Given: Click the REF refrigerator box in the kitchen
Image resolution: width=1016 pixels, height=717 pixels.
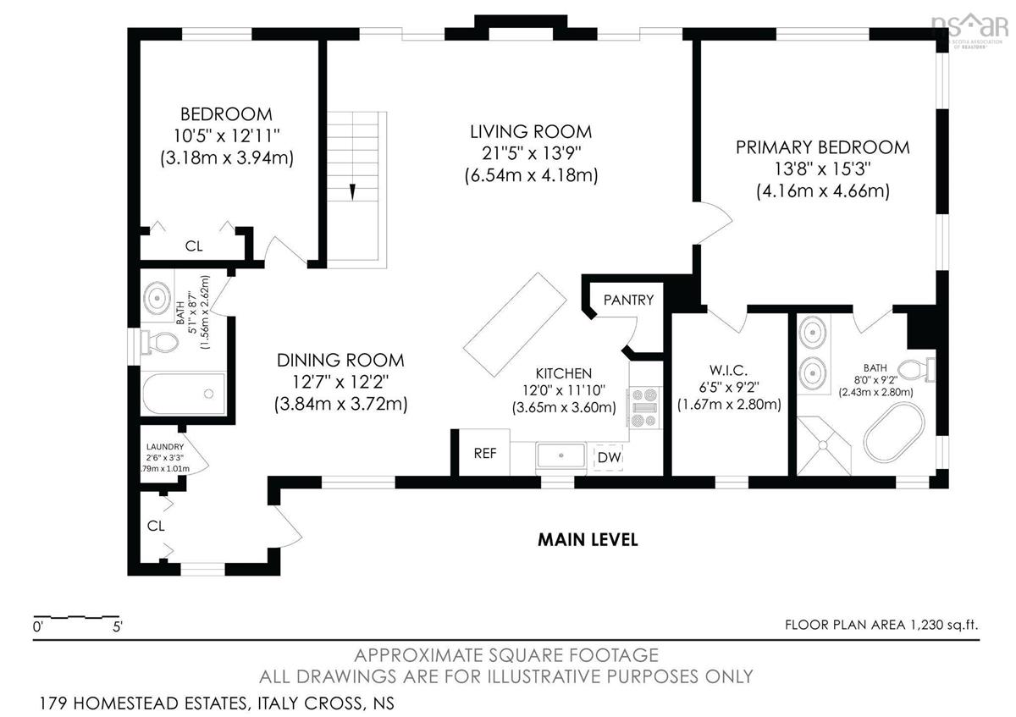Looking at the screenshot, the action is click(484, 452).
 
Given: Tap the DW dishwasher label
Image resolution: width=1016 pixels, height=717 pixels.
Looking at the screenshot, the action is click(609, 457).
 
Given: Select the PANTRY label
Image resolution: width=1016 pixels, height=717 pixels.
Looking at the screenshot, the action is click(628, 300).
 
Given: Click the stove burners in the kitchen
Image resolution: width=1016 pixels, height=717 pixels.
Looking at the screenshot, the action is click(644, 408).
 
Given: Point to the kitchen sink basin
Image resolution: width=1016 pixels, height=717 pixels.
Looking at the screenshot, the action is click(561, 455).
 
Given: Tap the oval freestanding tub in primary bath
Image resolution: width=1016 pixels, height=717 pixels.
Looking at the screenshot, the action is click(894, 433).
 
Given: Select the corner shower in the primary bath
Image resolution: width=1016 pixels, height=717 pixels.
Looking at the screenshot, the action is click(823, 446).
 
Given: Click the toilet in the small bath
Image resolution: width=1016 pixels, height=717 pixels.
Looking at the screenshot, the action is click(159, 341).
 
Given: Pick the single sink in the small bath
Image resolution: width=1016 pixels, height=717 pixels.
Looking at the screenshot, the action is click(157, 298).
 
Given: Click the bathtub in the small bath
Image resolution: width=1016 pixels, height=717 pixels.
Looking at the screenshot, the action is click(185, 394).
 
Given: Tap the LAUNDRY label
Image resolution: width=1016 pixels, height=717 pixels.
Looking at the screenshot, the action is click(165, 447).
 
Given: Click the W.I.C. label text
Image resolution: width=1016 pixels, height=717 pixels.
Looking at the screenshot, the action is click(728, 370).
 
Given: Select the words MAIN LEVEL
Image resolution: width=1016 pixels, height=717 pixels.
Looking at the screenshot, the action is click(588, 540).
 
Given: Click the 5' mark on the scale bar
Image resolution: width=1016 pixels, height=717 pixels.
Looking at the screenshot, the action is click(118, 626).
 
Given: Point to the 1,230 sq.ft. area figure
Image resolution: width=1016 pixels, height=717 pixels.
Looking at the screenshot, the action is click(944, 625).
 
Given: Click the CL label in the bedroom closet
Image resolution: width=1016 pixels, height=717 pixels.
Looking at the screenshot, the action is click(194, 246).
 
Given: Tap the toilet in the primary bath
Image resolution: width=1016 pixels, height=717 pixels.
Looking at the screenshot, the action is click(916, 369).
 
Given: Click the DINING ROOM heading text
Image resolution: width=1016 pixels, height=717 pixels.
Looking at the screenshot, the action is click(340, 361).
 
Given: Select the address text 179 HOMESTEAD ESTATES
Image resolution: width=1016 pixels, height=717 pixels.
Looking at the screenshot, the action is click(145, 703).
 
